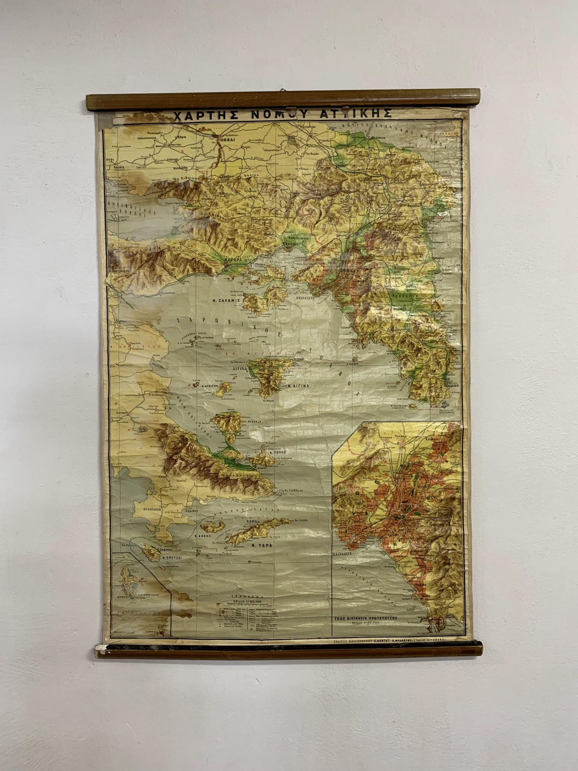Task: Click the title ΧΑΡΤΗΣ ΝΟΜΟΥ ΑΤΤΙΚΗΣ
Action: (x=283, y=114)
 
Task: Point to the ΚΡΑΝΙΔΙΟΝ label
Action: (x=147, y=510)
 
